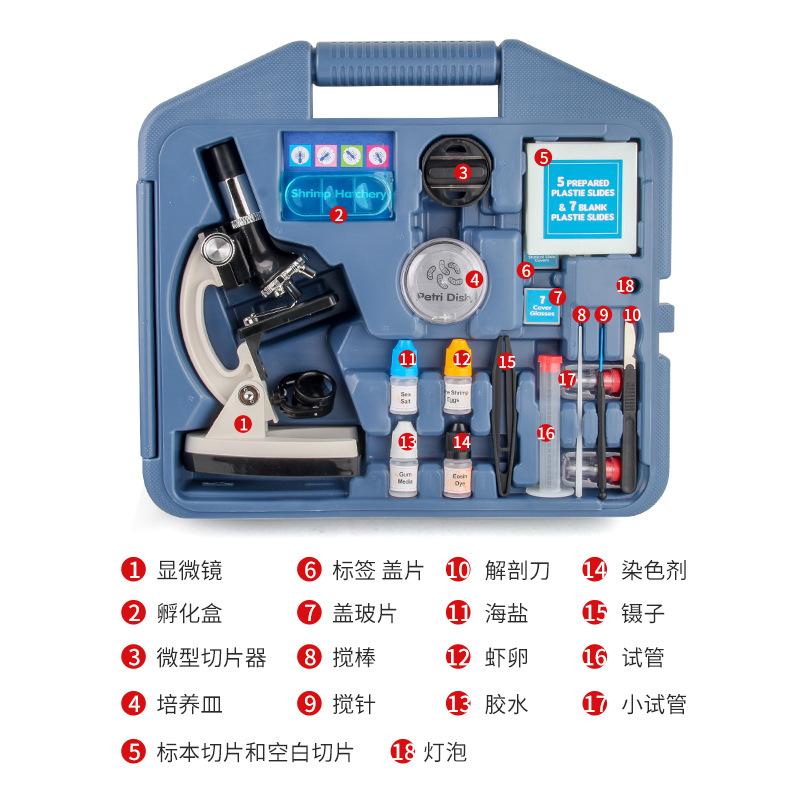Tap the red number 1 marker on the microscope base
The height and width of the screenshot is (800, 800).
pyautogui.click(x=242, y=423)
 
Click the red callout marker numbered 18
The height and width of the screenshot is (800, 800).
pyautogui.click(x=626, y=286)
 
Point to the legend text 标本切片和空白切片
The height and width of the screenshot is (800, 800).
pyautogui.click(x=254, y=750)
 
